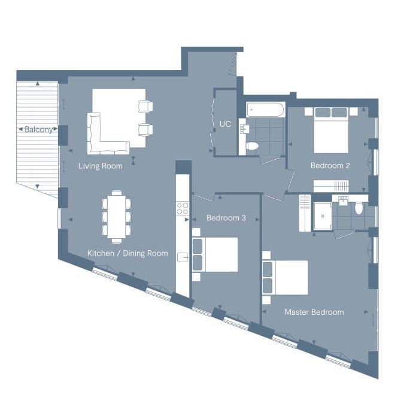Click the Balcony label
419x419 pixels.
(38, 130)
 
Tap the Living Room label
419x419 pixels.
(101, 166)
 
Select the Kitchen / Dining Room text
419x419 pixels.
(127, 253)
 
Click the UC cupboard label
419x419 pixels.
(225, 124)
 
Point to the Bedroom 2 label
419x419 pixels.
(330, 165)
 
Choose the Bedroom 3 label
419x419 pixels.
(226, 218)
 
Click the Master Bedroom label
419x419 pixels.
(314, 312)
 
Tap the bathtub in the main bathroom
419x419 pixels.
(265, 110)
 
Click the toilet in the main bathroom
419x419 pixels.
(252, 146)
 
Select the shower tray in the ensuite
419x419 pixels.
(323, 216)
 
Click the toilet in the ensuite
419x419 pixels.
(359, 208)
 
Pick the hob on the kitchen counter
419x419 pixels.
(183, 208)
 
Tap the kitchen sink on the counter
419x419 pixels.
(183, 257)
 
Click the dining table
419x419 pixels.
(117, 217)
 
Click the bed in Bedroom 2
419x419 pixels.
(332, 130)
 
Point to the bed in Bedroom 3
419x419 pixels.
(215, 254)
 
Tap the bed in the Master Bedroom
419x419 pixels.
(285, 277)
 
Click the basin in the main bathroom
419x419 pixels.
(244, 129)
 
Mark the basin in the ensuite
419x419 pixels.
(343, 201)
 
